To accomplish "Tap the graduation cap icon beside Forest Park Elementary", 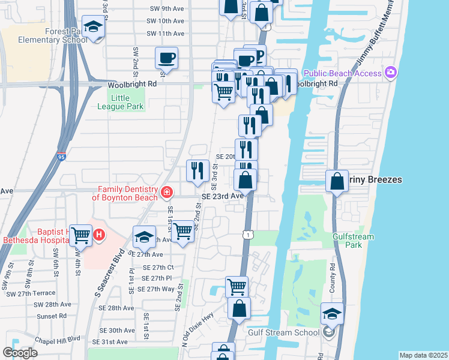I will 93,26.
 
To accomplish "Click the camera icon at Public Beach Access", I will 391,73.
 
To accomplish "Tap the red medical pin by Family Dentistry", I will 167,193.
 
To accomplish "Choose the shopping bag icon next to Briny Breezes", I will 337,180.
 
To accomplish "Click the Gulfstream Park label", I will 353,241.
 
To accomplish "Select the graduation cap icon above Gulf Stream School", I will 332,314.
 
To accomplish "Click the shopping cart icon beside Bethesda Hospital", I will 80,235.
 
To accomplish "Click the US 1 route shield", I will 247,235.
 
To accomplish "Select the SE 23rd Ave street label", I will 222,196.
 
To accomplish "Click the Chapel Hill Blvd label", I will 58,338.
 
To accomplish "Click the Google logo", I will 20,353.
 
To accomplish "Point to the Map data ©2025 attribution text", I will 423,355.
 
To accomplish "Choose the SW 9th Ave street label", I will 165,9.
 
